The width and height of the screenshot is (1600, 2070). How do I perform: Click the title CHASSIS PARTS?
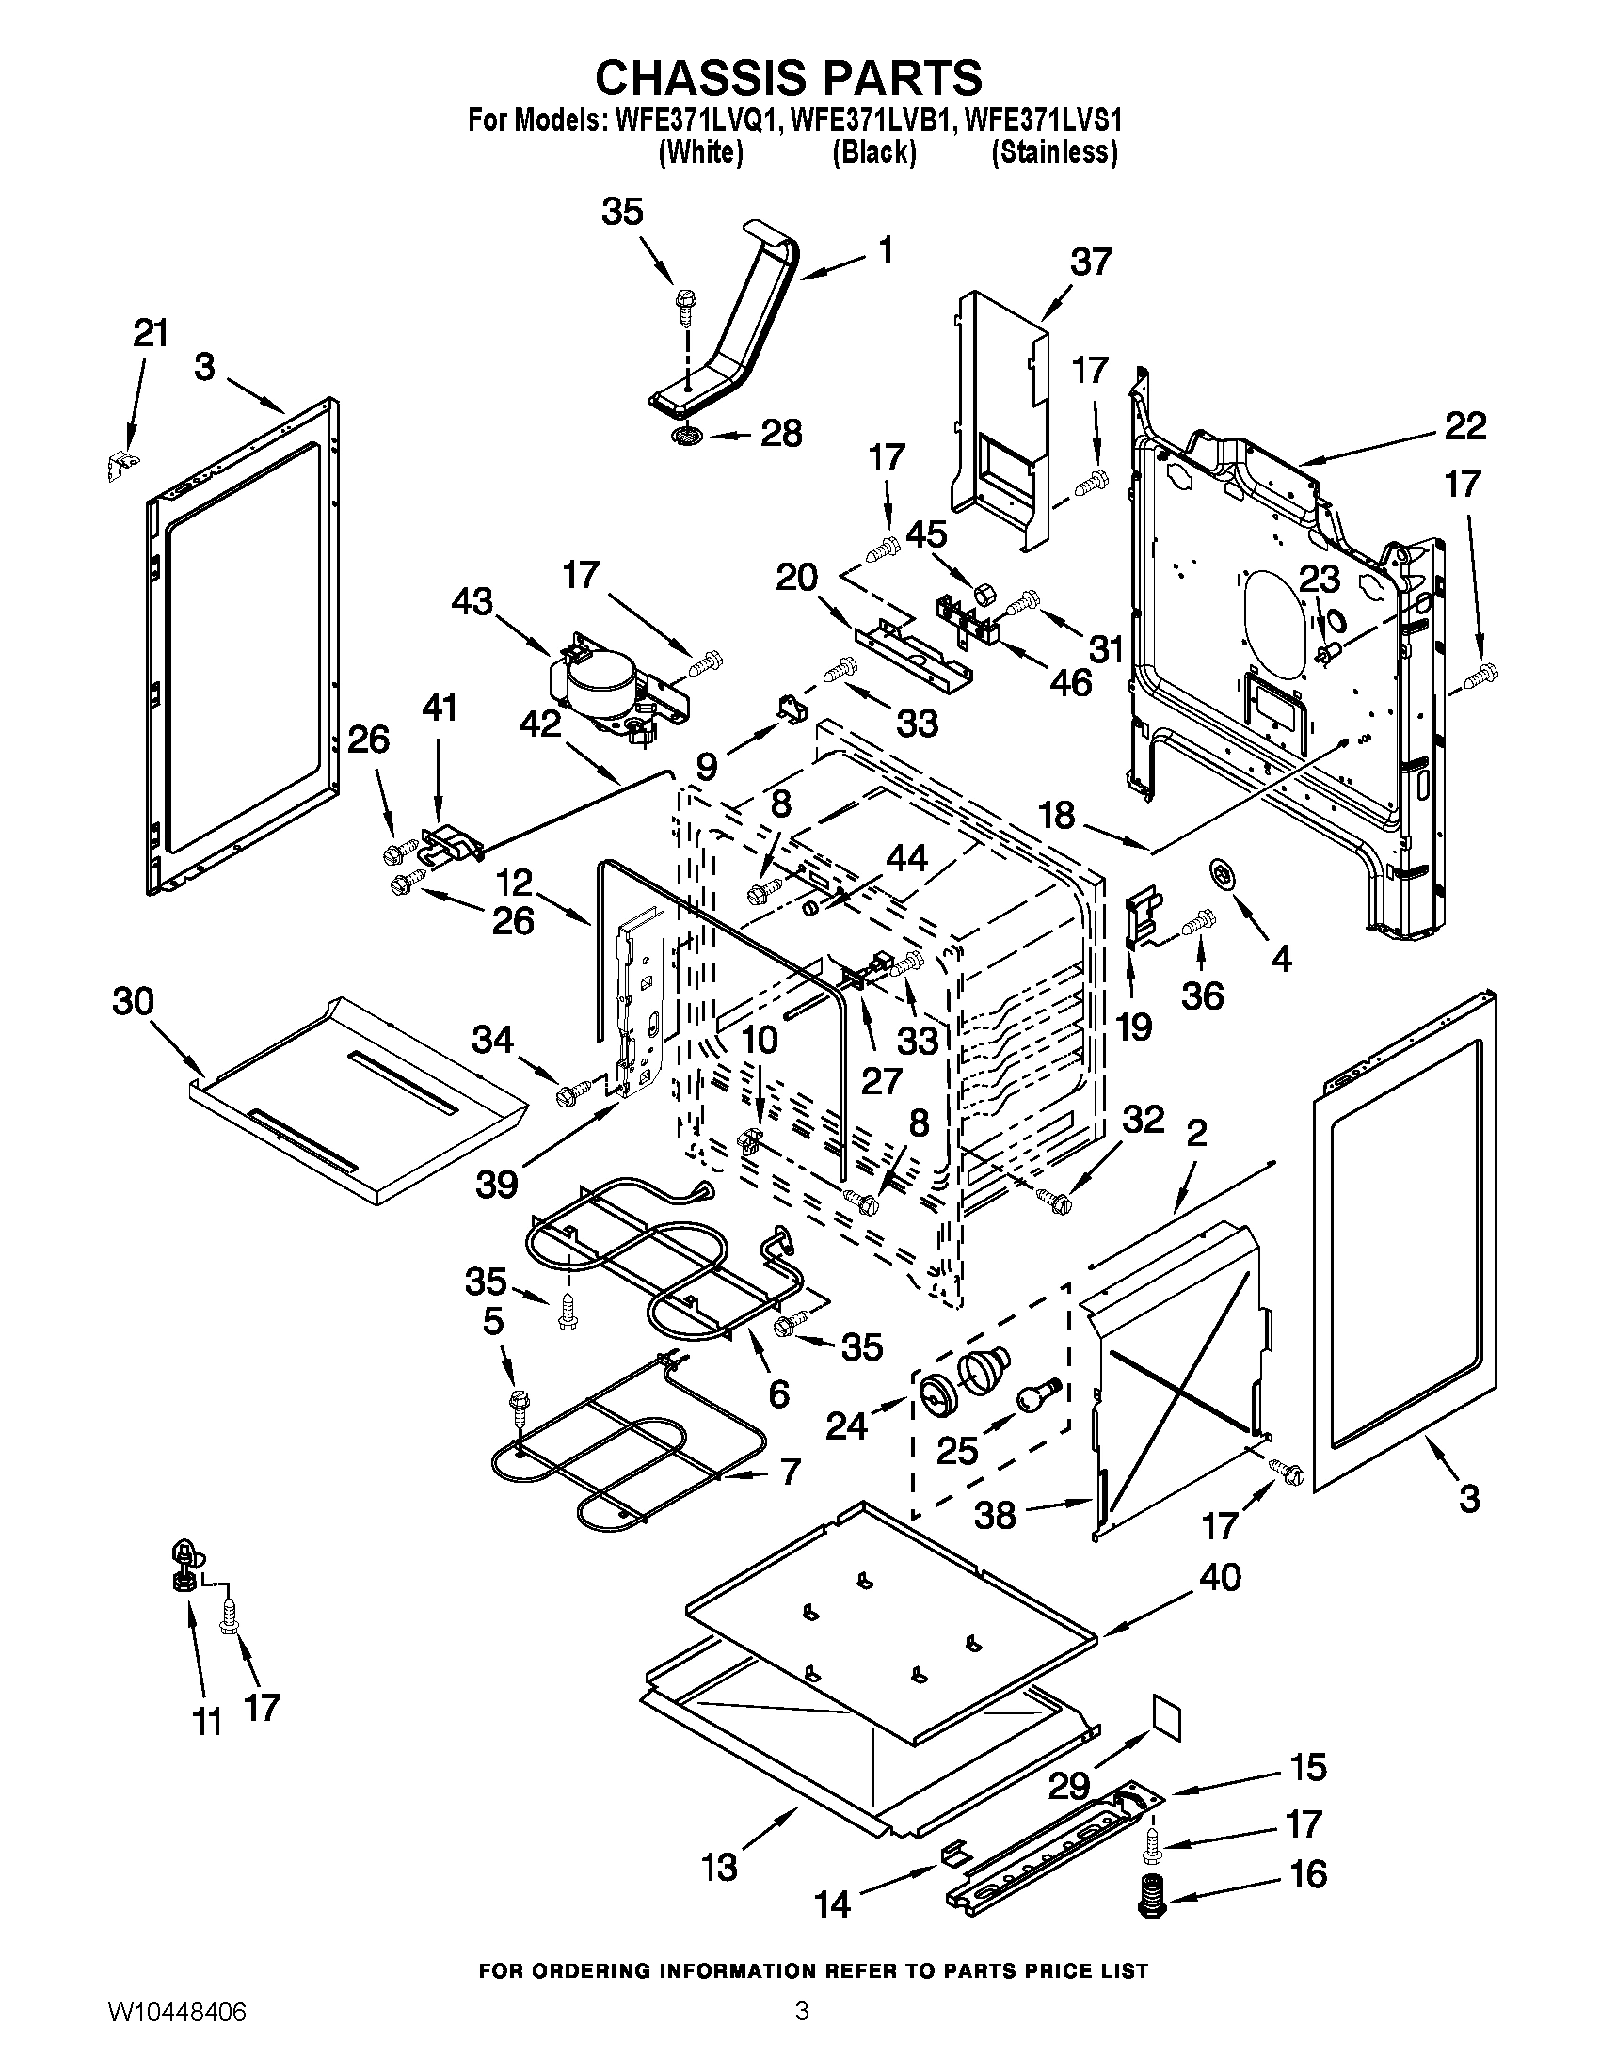point(789,78)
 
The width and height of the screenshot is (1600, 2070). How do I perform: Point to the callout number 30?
point(133,1001)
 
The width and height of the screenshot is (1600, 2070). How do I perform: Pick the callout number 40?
point(1220,1577)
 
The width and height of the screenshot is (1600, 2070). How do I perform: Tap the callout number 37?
point(1090,261)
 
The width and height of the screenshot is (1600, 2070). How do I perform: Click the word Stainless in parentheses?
point(1054,151)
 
